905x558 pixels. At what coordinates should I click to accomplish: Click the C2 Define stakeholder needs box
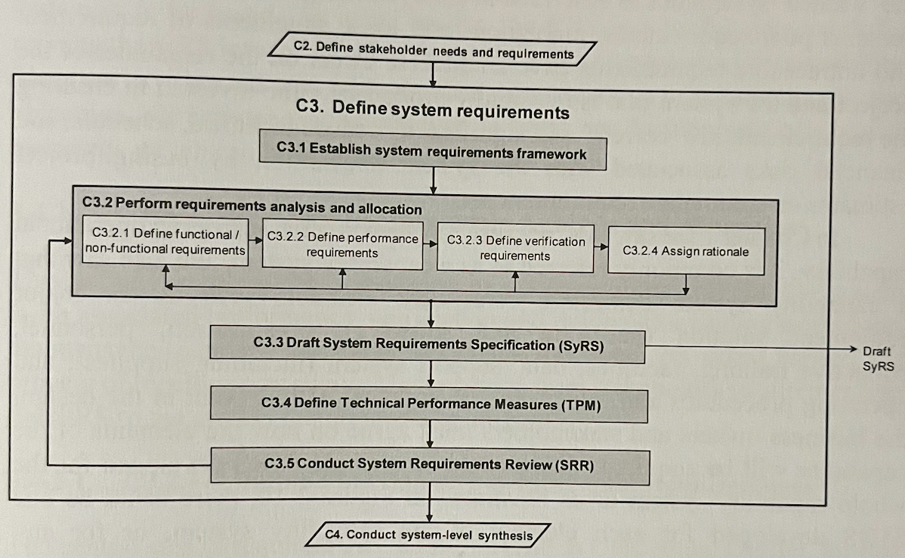point(434,51)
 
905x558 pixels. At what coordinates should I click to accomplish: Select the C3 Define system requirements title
point(432,110)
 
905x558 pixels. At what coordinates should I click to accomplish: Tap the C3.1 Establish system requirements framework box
point(432,150)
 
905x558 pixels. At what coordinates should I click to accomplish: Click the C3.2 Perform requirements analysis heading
point(252,208)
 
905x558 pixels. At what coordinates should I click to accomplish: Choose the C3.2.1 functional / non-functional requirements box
point(165,242)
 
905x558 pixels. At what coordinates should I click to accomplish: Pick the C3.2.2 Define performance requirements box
point(342,245)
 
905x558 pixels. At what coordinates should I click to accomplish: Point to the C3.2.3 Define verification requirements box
point(515,248)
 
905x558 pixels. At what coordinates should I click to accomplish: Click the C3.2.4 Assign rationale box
point(686,250)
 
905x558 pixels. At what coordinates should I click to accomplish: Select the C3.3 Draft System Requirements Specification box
point(428,345)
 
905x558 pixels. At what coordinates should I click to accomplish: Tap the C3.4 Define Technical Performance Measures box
point(430,404)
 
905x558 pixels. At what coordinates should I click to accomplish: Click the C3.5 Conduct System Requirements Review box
point(429,464)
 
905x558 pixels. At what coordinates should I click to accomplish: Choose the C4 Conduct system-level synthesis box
point(429,535)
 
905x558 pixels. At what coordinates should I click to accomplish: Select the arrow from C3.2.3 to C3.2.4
point(601,246)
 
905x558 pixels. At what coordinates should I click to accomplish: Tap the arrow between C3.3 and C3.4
point(430,374)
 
